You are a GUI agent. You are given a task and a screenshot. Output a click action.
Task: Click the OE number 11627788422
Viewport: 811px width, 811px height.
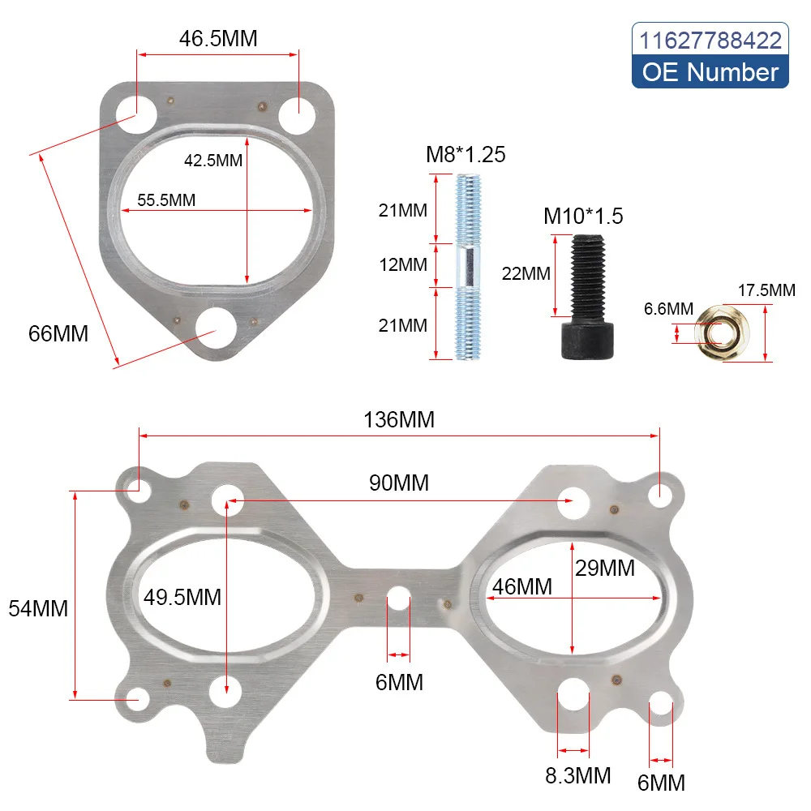[x=710, y=40]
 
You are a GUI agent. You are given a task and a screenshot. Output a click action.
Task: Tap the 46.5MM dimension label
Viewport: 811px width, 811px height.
[x=218, y=39]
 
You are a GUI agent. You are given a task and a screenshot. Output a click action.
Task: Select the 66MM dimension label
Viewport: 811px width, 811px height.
[x=59, y=333]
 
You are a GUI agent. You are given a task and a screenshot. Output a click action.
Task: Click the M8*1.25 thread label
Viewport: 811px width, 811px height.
[x=466, y=154]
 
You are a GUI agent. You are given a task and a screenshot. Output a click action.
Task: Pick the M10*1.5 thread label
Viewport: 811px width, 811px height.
[x=583, y=216]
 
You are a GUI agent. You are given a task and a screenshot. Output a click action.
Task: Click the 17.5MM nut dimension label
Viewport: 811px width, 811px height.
[x=766, y=290]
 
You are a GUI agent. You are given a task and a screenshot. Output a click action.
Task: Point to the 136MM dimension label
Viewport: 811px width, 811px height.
[x=399, y=420]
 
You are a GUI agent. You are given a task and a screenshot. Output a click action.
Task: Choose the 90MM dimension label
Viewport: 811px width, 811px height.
[x=399, y=483]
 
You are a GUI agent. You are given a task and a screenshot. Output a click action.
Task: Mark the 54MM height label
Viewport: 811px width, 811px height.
[x=38, y=607]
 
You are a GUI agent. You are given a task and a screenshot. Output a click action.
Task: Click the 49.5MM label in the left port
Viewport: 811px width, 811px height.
[x=182, y=598]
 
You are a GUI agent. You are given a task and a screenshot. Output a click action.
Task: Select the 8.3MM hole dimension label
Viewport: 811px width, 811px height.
[x=578, y=775]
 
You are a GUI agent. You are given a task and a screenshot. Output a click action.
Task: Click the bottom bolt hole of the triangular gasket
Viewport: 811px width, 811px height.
[x=216, y=331]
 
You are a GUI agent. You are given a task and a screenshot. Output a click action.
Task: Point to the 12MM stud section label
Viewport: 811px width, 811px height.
[x=403, y=265]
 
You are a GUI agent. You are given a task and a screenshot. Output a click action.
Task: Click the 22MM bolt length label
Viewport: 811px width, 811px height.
[x=527, y=273]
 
